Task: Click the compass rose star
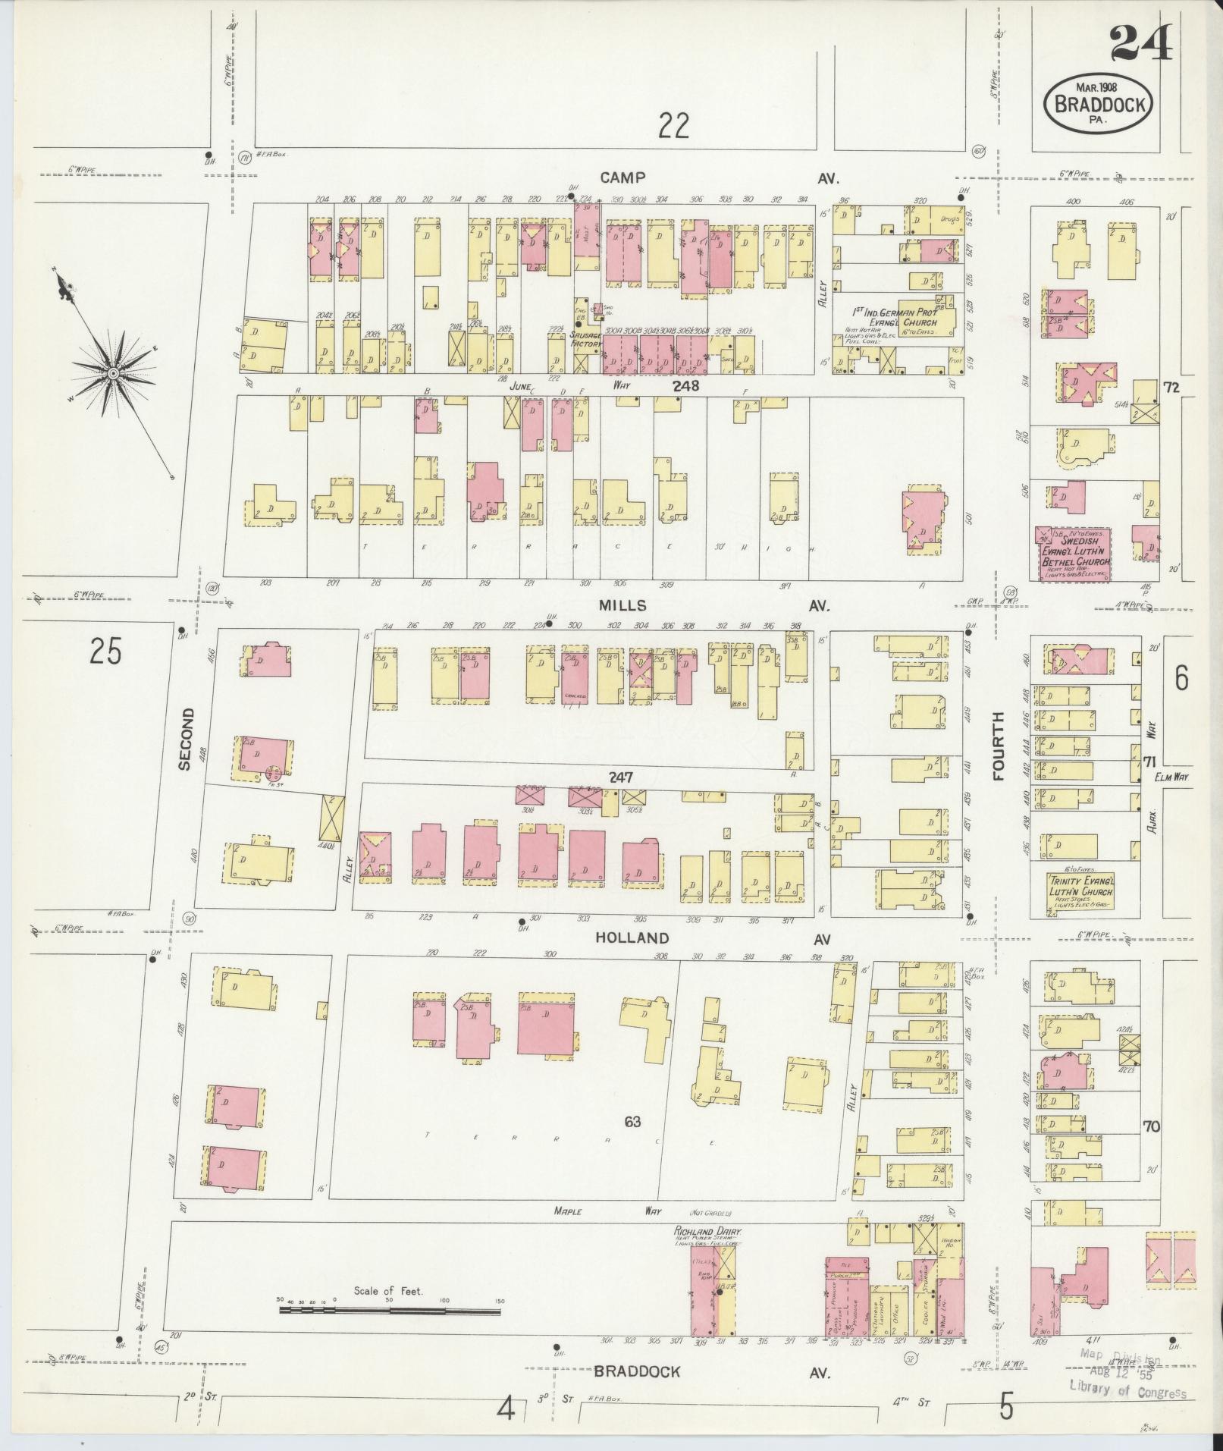click(x=113, y=372)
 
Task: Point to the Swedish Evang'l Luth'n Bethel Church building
click(x=1074, y=555)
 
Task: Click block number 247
click(x=619, y=777)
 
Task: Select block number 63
click(x=633, y=1121)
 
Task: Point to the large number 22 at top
click(x=673, y=125)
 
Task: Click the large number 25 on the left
click(x=105, y=651)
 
